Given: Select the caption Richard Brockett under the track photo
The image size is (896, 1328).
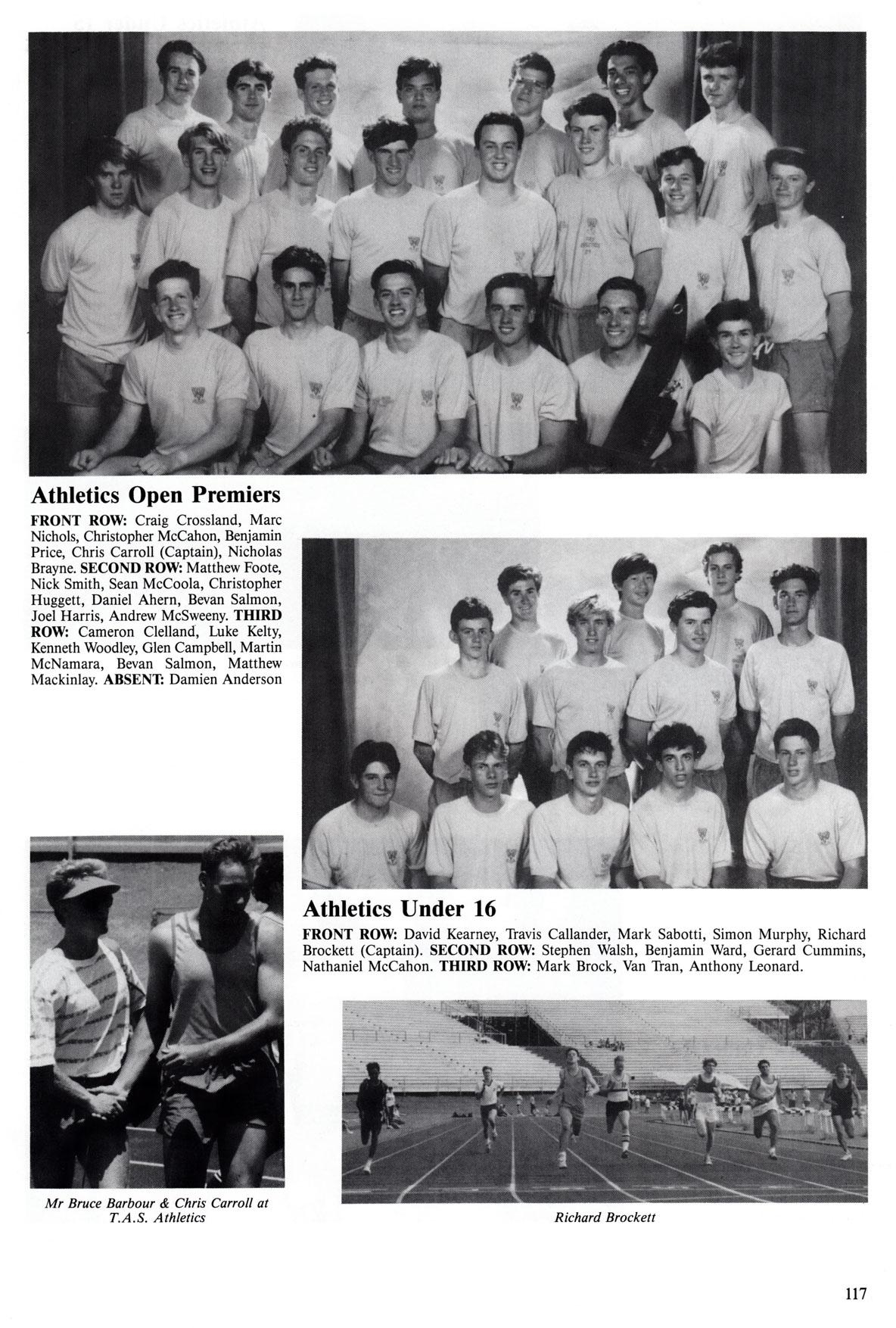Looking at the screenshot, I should point(604,1217).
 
